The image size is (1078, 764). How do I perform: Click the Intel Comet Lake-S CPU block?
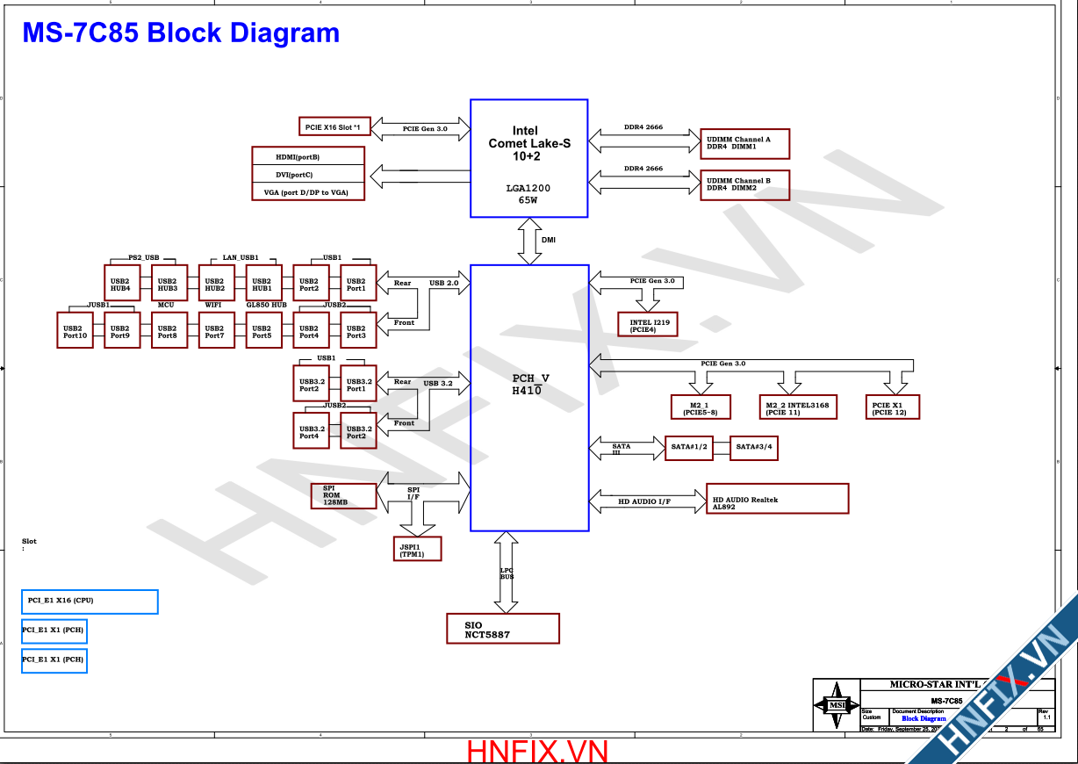pos(528,158)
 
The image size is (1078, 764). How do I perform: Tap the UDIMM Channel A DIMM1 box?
pos(744,143)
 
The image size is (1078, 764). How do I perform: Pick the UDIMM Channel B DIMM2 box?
pos(744,184)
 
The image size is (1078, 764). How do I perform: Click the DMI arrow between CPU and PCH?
pos(530,241)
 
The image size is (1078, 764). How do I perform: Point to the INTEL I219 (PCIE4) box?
pos(648,325)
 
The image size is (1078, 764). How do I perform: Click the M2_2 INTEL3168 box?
pos(798,407)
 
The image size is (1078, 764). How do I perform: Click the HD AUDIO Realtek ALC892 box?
pos(778,499)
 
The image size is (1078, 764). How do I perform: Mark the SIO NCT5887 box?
pos(503,629)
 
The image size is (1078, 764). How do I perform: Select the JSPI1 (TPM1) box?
pos(418,550)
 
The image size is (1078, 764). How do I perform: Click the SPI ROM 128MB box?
pos(343,495)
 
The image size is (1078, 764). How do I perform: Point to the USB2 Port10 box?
pos(75,330)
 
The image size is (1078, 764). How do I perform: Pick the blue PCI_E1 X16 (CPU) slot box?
pos(90,602)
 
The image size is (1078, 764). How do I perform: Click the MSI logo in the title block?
pos(837,705)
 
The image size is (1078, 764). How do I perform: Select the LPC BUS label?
pos(507,573)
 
